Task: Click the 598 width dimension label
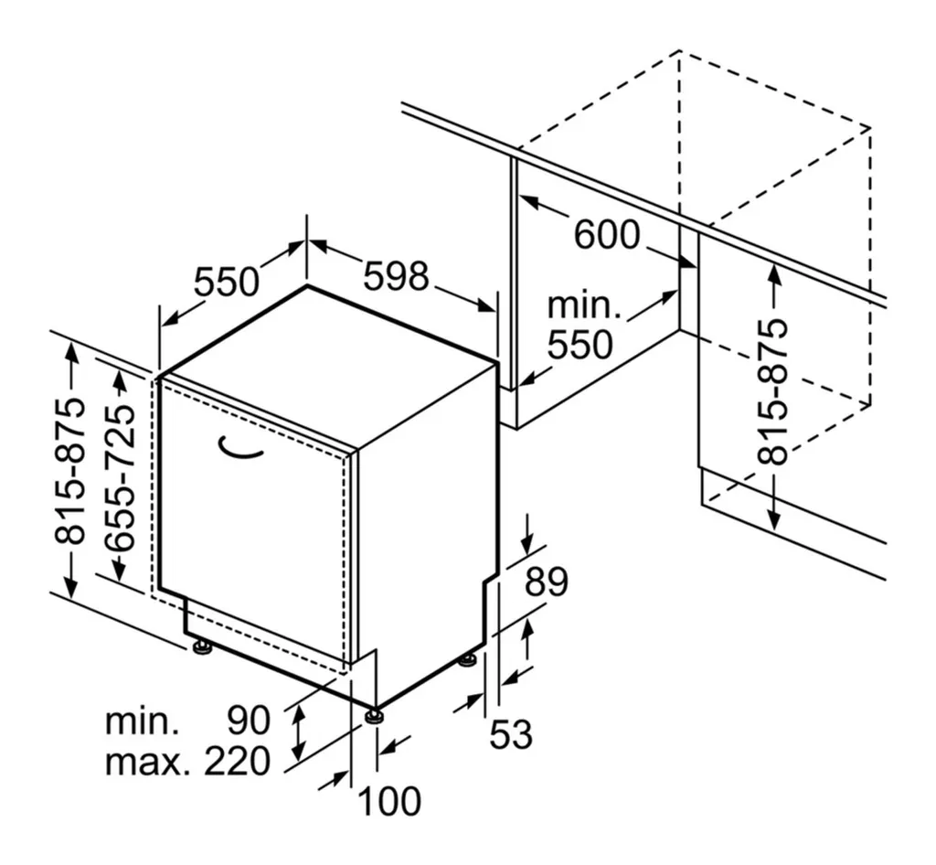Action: pos(396,275)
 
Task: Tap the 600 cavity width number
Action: pos(607,235)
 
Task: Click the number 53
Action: pos(511,734)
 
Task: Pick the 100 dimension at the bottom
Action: pos(388,801)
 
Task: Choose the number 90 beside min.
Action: pos(249,721)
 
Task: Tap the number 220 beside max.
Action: pos(237,761)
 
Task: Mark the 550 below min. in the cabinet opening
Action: pos(580,345)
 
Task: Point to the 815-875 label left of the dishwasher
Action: pos(70,472)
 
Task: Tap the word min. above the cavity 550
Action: pos(584,305)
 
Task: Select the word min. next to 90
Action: pos(142,721)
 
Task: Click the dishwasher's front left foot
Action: pos(201,647)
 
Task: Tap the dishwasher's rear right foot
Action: pos(468,658)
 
